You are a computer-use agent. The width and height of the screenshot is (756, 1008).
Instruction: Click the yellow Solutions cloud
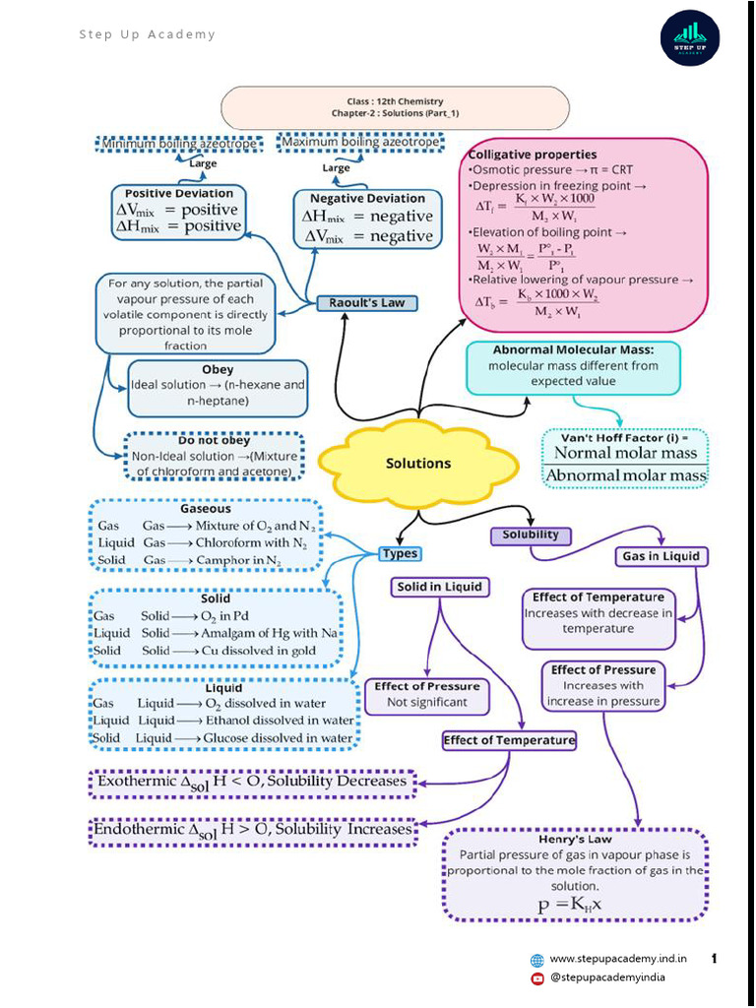tap(418, 464)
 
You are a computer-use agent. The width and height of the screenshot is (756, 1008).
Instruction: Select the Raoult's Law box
tap(367, 303)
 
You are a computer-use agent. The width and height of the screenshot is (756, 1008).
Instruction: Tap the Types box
tap(400, 554)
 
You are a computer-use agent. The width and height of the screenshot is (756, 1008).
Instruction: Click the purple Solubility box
tap(531, 535)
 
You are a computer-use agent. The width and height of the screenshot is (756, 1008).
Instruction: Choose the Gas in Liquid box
tap(661, 556)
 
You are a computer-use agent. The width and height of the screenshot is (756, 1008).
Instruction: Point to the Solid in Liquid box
tap(439, 587)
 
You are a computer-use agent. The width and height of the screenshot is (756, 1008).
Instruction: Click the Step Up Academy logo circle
tap(689, 36)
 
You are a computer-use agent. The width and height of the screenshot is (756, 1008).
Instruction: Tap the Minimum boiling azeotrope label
tap(179, 145)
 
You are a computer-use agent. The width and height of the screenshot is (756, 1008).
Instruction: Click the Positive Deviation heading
tap(179, 193)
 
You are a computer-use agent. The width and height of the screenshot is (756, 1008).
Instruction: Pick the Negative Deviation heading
tap(367, 198)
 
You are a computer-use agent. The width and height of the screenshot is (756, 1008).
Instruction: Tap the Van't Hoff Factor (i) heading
tap(625, 437)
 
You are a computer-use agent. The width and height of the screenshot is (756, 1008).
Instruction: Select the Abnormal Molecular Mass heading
tap(573, 349)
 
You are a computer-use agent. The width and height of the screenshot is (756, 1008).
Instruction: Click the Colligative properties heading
tap(533, 155)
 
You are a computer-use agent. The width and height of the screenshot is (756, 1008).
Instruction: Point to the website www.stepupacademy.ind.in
tap(618, 958)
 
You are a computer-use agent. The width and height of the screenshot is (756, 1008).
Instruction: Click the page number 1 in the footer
tap(714, 958)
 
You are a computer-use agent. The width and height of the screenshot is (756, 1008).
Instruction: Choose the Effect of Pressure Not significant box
tap(426, 695)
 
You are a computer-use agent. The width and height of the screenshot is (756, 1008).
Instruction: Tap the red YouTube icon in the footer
tap(537, 977)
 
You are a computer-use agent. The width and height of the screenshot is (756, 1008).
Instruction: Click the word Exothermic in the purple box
tap(134, 782)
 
